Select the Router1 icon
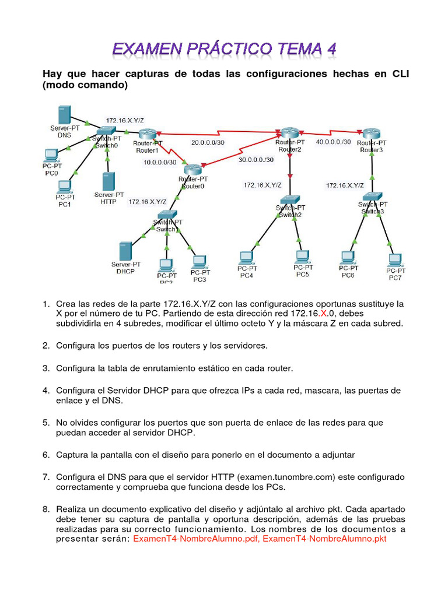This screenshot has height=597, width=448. [148, 134]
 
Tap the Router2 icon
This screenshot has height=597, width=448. [289, 134]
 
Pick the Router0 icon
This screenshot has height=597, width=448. [192, 170]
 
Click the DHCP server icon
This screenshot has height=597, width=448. [124, 251]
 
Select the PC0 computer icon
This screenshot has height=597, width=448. [51, 156]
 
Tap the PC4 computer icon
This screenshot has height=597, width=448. [246, 257]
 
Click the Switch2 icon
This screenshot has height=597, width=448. [290, 200]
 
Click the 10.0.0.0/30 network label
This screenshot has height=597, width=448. [160, 162]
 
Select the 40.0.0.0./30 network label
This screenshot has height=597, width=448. [334, 142]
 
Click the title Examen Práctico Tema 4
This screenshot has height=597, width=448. [224, 49]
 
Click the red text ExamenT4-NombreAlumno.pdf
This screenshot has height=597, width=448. [197, 538]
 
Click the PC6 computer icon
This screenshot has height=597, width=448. [348, 257]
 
